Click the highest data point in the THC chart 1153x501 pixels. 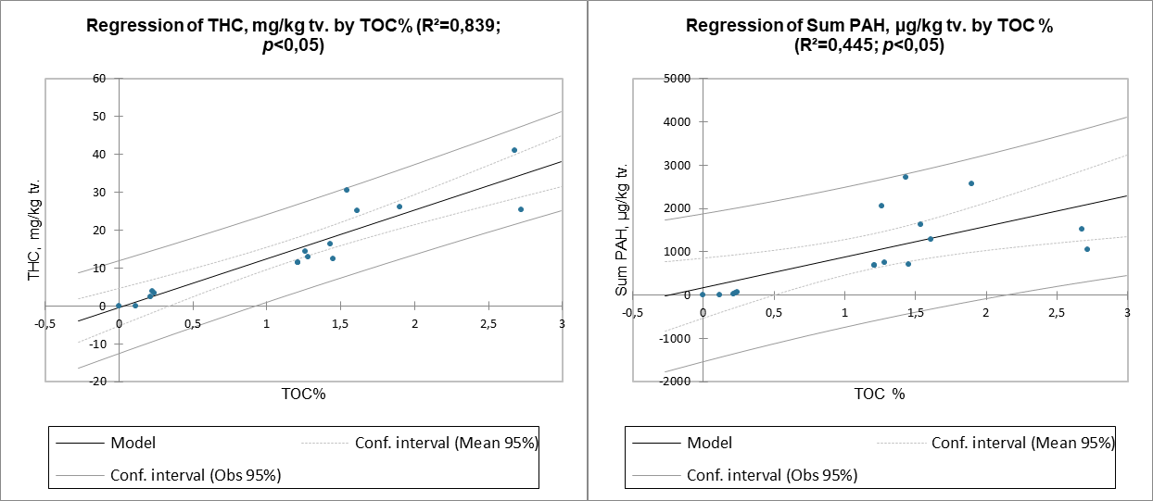[x=514, y=150]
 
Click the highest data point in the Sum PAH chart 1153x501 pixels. [x=906, y=177]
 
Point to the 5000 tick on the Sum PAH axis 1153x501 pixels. [x=679, y=79]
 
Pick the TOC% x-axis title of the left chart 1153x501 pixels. [x=304, y=394]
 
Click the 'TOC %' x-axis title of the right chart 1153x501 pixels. [x=879, y=394]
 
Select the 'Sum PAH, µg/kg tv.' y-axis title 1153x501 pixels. [x=623, y=229]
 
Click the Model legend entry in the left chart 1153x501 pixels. [x=133, y=443]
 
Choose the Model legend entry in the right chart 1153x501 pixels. [x=709, y=443]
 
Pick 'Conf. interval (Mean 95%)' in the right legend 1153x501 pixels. [x=1022, y=443]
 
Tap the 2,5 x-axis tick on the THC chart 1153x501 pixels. [x=488, y=323]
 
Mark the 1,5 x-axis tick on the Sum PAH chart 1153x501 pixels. [x=915, y=313]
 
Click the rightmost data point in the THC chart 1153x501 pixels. [x=521, y=209]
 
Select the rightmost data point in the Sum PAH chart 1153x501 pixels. [x=1087, y=249]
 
